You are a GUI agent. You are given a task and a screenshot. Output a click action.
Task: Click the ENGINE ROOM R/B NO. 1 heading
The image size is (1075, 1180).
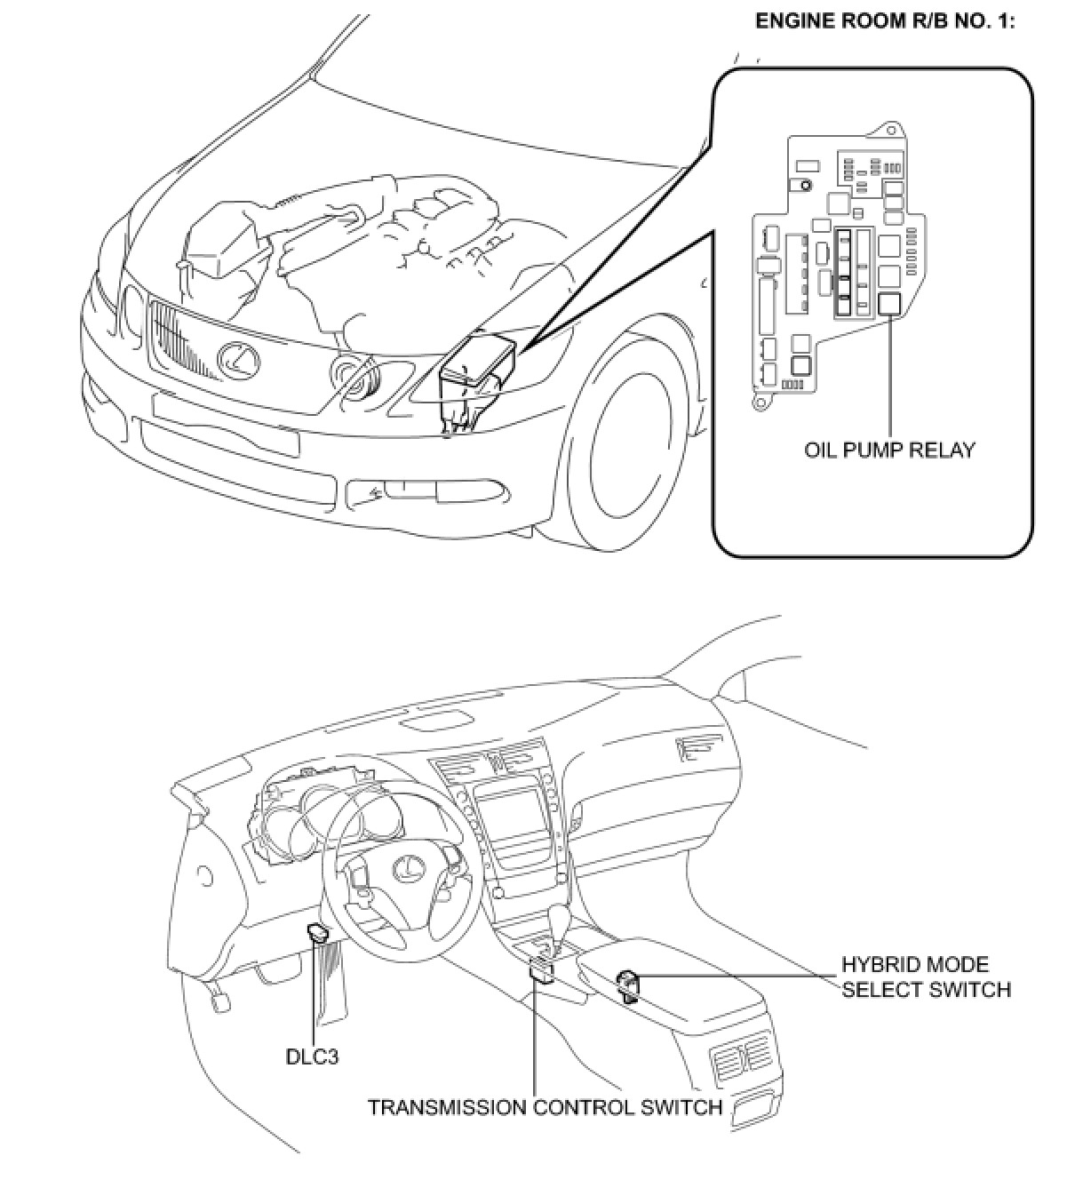point(884,21)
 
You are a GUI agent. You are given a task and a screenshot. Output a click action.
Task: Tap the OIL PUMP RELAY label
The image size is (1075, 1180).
point(889,450)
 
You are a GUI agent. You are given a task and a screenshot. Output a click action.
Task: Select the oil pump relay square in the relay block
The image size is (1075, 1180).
point(889,307)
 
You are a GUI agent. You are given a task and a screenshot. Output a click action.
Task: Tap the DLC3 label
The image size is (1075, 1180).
point(312,1056)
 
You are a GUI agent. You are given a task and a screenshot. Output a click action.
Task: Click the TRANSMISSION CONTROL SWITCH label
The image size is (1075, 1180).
point(545,1107)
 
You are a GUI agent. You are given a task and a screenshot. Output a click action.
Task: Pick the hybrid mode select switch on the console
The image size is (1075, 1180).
point(629,982)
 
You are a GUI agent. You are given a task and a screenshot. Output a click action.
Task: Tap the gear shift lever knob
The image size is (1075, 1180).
point(561,916)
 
